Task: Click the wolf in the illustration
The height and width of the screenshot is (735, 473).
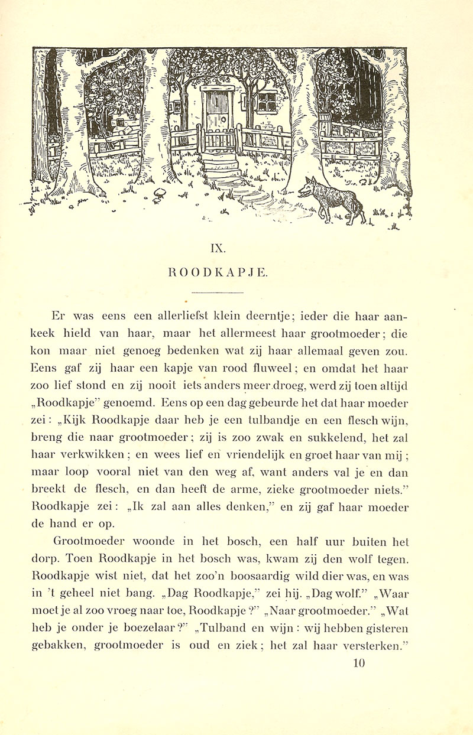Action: tap(331, 201)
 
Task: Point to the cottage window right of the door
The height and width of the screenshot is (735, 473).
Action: tap(266, 102)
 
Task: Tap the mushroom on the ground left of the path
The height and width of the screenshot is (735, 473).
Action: tap(160, 196)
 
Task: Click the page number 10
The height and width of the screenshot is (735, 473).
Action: tap(359, 663)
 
